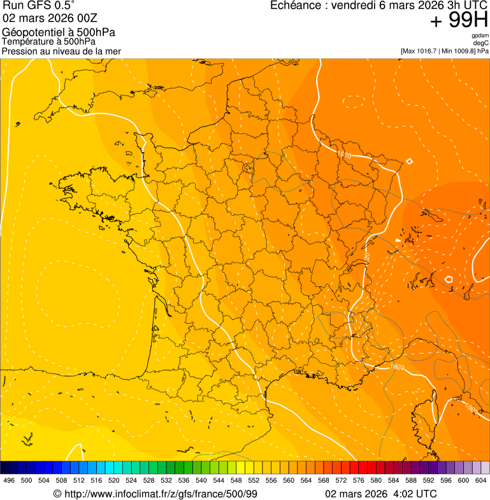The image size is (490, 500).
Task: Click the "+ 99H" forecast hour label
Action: [x=459, y=20]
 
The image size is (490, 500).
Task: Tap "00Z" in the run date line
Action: [x=88, y=18]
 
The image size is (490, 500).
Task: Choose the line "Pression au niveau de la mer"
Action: [x=61, y=51]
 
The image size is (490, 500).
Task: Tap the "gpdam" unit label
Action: [x=480, y=36]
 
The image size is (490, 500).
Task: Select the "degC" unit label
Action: [x=481, y=43]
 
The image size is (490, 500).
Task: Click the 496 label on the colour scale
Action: [x=9, y=481]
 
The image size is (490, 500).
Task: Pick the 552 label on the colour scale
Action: [x=254, y=481]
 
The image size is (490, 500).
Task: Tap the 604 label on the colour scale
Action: [x=481, y=481]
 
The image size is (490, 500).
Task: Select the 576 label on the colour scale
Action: [x=359, y=481]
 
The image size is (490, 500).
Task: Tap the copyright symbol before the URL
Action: [x=57, y=494]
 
